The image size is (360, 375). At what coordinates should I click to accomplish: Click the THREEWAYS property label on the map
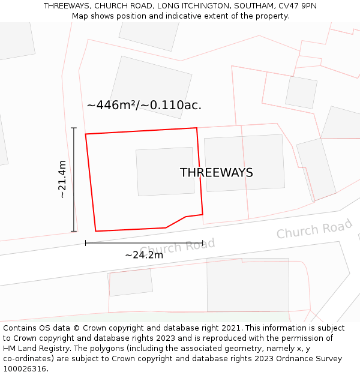click(216, 173)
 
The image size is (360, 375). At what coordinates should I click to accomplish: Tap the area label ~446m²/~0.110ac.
click(144, 106)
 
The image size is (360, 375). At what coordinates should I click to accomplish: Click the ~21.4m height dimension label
click(62, 179)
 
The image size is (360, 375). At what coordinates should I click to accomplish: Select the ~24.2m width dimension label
click(144, 255)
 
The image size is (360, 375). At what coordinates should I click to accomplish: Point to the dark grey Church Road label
click(314, 229)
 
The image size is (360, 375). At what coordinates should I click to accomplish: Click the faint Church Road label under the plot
click(177, 247)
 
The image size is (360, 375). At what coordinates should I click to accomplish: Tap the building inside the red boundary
click(165, 172)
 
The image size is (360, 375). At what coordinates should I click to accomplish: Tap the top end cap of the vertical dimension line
click(74, 128)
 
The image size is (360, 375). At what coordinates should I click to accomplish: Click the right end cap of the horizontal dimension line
click(203, 243)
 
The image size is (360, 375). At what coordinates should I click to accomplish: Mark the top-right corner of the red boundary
click(197, 128)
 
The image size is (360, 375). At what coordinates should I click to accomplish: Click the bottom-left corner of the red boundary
click(96, 231)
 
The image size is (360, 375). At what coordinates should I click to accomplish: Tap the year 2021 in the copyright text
click(232, 328)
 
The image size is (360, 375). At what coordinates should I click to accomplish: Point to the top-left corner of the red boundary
click(86, 134)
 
